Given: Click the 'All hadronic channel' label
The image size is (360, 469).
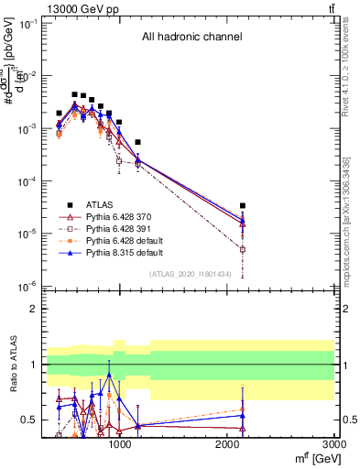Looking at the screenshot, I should coord(191,38).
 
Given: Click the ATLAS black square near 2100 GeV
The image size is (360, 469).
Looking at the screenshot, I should coord(242,206).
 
